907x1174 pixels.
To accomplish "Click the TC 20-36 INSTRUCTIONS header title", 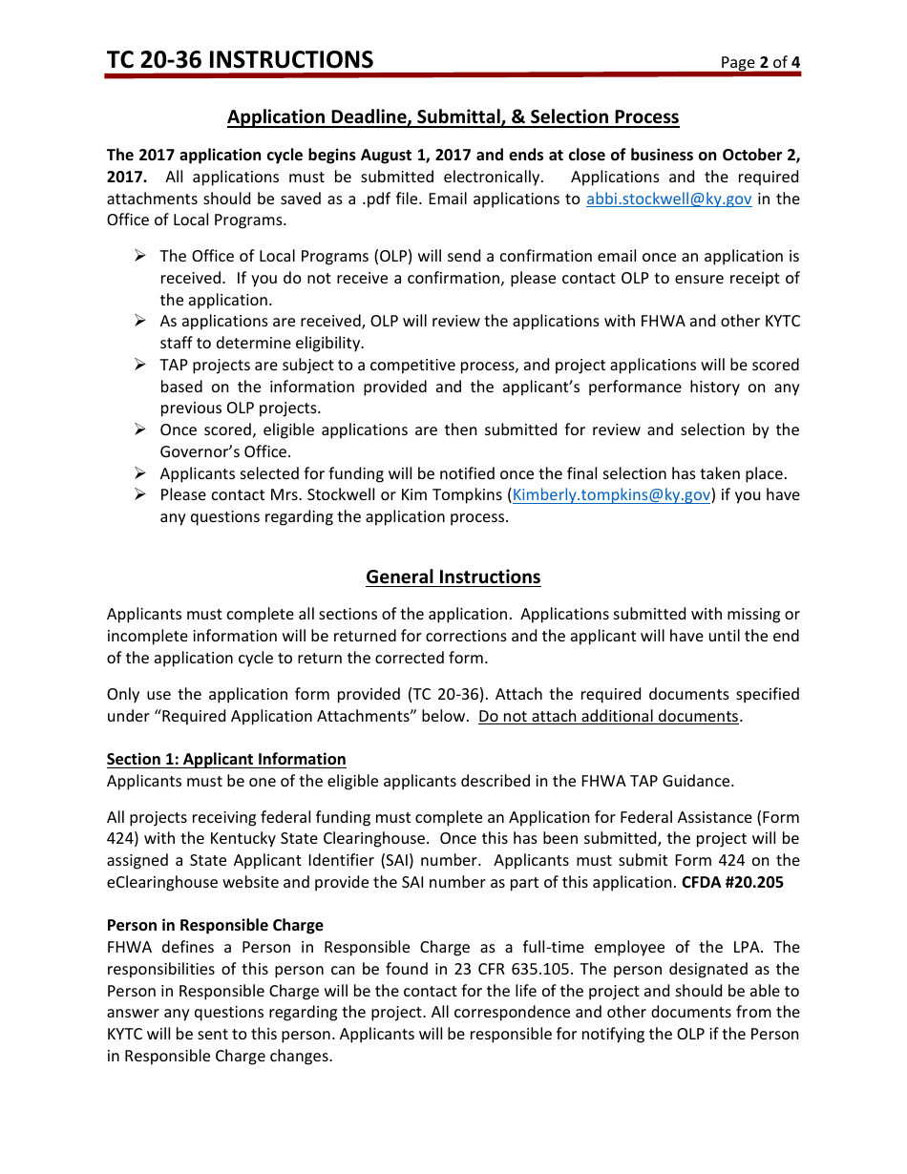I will point(240,60).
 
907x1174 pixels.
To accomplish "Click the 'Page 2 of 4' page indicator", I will point(760,63).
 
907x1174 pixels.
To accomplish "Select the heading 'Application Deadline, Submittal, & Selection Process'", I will point(453,117).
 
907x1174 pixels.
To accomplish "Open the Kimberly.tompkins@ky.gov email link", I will point(612,495).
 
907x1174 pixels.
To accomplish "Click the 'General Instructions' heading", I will point(453,577).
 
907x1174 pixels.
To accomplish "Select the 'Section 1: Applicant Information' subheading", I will point(226,760).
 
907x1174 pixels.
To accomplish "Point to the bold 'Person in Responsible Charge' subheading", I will point(215,926).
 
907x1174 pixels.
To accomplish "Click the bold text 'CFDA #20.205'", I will point(732,883).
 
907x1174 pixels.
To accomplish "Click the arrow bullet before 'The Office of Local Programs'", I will point(139,256).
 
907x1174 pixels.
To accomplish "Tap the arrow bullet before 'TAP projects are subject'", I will point(139,365).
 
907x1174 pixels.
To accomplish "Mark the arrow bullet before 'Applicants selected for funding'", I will point(139,473).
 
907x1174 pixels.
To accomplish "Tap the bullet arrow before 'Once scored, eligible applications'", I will point(139,430).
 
